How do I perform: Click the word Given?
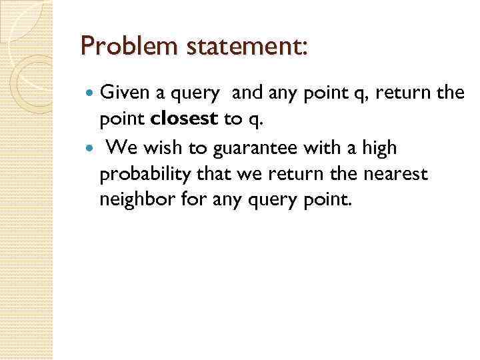[x=125, y=95]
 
